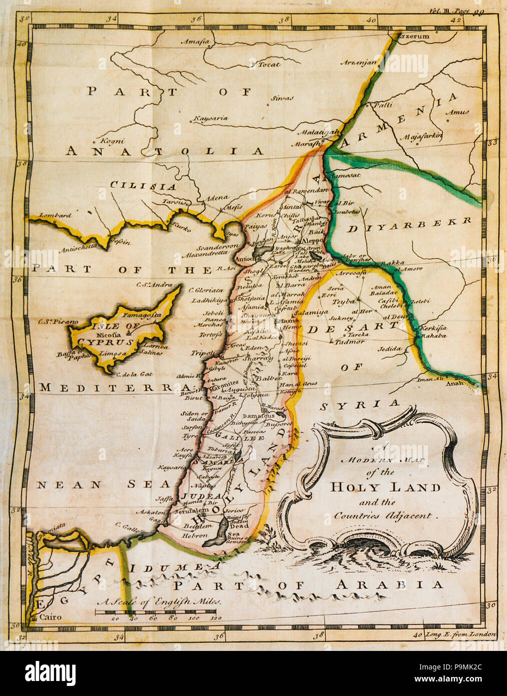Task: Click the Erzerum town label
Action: point(412,37)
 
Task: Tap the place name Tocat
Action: point(269,64)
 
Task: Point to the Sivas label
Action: point(282,98)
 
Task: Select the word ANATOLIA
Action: point(165,151)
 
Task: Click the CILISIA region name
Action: point(143,186)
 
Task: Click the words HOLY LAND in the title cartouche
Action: point(385,487)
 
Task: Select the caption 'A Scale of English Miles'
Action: point(159,602)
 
